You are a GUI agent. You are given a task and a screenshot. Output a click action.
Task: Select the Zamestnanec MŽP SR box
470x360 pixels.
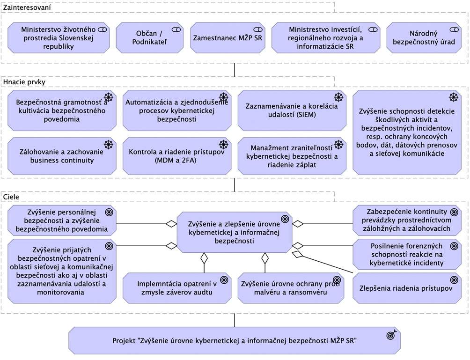228,38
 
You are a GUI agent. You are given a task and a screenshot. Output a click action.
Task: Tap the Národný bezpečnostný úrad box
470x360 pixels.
423,38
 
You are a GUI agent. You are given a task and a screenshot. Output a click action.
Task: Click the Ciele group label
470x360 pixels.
11,197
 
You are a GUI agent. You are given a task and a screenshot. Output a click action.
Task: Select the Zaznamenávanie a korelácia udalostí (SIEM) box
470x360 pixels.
292,110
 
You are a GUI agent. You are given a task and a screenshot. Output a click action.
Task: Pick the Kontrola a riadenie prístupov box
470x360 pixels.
177,156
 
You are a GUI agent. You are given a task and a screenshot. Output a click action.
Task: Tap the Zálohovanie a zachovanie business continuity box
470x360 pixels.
62,156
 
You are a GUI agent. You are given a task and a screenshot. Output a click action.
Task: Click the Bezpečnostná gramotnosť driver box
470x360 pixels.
62,110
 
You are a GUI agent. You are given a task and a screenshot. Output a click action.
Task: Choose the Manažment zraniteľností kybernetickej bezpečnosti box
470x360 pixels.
292,156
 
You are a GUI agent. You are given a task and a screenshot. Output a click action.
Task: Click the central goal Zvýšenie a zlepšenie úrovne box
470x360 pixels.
234,233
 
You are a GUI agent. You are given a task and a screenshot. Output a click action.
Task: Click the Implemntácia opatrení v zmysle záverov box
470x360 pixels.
177,288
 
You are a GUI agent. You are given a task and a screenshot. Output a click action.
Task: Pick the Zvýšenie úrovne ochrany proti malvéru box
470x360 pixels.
290,288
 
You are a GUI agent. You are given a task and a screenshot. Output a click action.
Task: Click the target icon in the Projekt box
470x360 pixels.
391,335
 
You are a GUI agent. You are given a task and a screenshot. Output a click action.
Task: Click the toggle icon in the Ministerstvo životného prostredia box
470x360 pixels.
102,29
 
